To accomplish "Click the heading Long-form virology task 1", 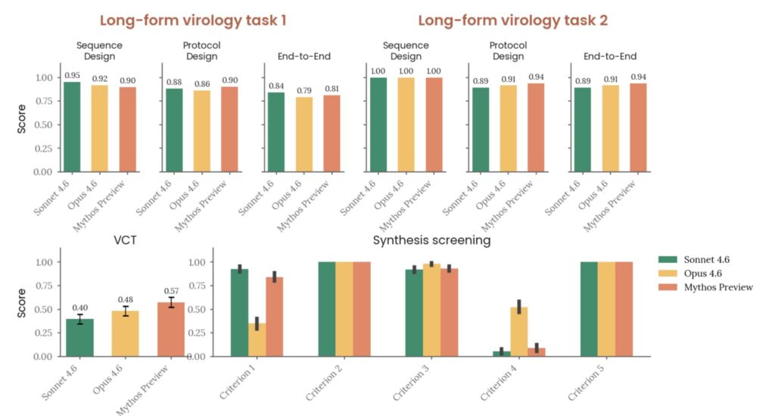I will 194,20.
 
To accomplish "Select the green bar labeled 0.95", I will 72,126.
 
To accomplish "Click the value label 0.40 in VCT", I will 79,308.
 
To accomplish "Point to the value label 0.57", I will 171,291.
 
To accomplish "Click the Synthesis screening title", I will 432,241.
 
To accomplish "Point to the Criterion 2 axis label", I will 323,384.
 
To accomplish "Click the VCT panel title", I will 125,241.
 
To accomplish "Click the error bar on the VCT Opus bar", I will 126,311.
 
